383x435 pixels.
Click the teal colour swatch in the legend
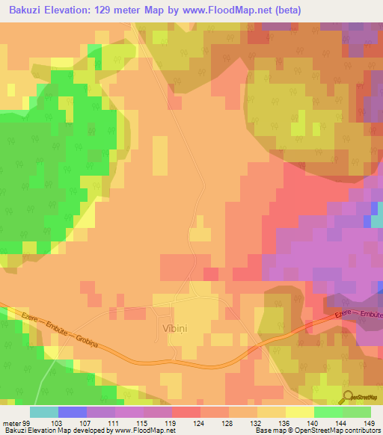tap(44, 412)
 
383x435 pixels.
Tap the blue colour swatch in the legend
tap(73, 412)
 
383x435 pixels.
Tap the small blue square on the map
tap(367, 221)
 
